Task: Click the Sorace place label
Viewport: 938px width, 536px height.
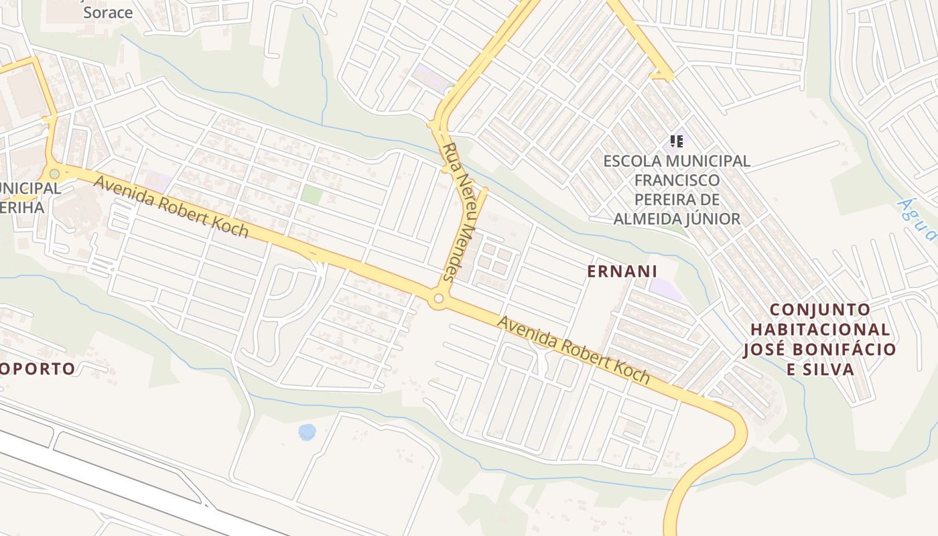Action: click(x=108, y=12)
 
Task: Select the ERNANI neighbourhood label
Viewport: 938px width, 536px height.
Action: click(x=622, y=271)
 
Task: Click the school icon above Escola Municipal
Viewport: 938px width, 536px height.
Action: click(x=677, y=141)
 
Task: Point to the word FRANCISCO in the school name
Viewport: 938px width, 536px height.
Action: click(x=677, y=180)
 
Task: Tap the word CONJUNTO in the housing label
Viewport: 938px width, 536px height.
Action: click(x=820, y=310)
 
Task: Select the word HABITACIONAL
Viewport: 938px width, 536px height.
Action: click(x=820, y=330)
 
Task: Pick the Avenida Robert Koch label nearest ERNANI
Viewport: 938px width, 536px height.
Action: click(x=574, y=350)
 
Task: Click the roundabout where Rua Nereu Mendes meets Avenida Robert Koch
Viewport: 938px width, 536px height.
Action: click(x=439, y=299)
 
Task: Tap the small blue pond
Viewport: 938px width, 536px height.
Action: click(x=307, y=431)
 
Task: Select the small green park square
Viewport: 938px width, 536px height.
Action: click(x=312, y=195)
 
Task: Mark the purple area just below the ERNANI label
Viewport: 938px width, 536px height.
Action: click(x=665, y=289)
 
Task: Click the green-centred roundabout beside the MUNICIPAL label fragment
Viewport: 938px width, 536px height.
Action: click(x=54, y=174)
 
